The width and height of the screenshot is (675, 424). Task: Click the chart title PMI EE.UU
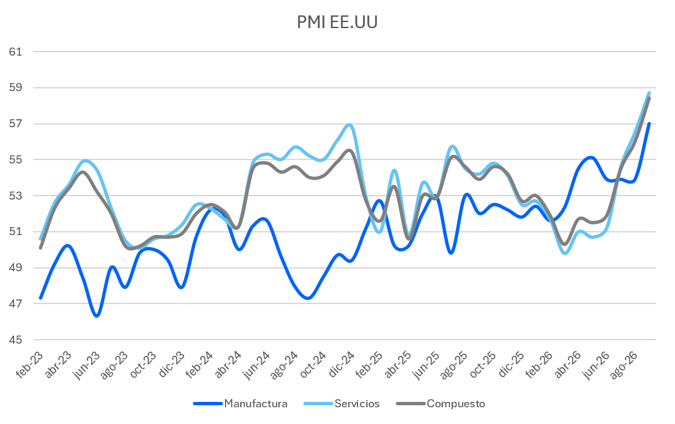[x=337, y=22]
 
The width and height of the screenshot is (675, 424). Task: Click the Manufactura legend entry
[x=240, y=404]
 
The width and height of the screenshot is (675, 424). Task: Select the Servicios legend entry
[x=342, y=404]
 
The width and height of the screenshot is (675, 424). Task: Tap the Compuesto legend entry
[x=441, y=404]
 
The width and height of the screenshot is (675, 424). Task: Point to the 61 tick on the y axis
[x=15, y=52]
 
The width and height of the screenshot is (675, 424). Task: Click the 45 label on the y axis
[x=15, y=340]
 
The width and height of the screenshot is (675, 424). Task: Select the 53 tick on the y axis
[x=15, y=196]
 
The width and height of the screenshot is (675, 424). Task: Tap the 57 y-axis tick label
[x=15, y=123]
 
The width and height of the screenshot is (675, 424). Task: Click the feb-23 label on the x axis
[x=29, y=365]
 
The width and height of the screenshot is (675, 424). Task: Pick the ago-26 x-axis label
[x=624, y=365]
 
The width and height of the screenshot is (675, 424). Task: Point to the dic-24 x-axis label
[x=342, y=364]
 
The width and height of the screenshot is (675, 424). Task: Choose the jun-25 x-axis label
[x=426, y=365]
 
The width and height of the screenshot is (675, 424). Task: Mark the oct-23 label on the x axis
[x=143, y=365]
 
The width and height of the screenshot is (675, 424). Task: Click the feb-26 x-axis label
[x=540, y=365]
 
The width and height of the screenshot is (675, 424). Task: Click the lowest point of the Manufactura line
[x=97, y=316]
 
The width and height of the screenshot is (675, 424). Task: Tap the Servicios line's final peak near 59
[x=649, y=92]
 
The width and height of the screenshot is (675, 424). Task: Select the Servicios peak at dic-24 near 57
[x=350, y=125]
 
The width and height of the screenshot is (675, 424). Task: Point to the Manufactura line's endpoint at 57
[x=649, y=124]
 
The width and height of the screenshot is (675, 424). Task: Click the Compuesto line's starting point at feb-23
[x=40, y=248]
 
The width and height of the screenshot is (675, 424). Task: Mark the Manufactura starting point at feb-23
[x=40, y=298]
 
